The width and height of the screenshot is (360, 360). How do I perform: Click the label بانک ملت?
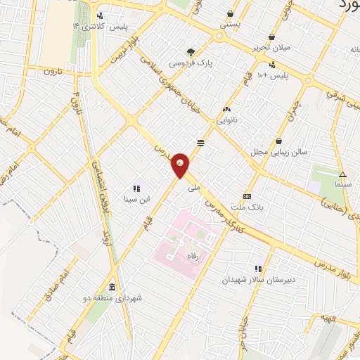tap(246, 208)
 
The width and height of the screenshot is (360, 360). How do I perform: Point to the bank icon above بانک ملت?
tap(246, 196)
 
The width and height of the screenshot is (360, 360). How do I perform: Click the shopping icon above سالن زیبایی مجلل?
tap(279, 141)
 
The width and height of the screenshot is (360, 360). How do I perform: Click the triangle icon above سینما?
tap(343, 174)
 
